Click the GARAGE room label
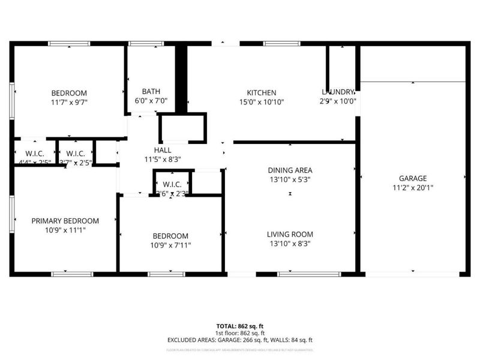pos(413,178)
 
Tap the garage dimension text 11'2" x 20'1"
pos(413,187)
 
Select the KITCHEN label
pos(262,92)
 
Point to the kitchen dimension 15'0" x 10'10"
pos(262,101)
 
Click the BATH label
pos(151,92)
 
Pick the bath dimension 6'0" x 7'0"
pos(151,101)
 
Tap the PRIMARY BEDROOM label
pos(65,221)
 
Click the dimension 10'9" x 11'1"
pos(65,230)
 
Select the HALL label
pos(162,150)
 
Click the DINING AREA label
pos(290,170)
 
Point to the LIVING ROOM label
pos(290,235)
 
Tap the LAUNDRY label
pos(339,92)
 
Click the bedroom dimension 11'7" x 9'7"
pos(69,102)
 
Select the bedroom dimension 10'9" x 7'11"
pos(170,245)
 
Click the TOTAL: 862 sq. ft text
pos(240,326)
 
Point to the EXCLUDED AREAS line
pos(240,340)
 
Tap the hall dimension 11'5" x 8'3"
pos(162,159)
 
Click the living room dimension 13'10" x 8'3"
pos(290,244)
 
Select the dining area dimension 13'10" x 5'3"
pos(290,179)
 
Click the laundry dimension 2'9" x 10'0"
pos(339,101)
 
